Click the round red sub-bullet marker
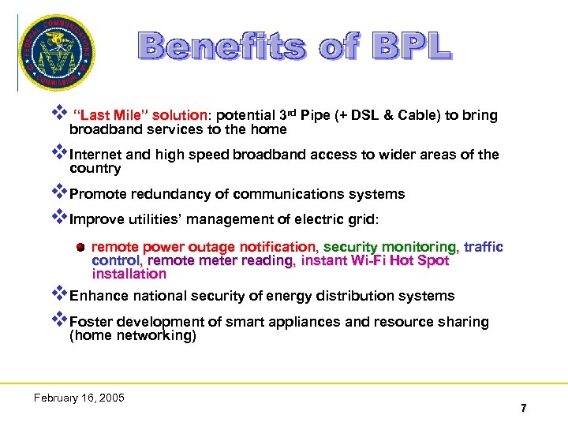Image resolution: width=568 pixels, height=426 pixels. pos(80,247)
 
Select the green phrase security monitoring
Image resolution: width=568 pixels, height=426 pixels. pos(389,247)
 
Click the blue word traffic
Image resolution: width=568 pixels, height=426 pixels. pos(483,247)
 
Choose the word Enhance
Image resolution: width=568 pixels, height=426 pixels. pos(98,296)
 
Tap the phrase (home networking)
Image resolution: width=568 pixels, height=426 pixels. pos(133,335)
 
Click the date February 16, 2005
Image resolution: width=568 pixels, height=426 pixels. pos(79,398)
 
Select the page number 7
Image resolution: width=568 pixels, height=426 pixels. pos(523,408)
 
